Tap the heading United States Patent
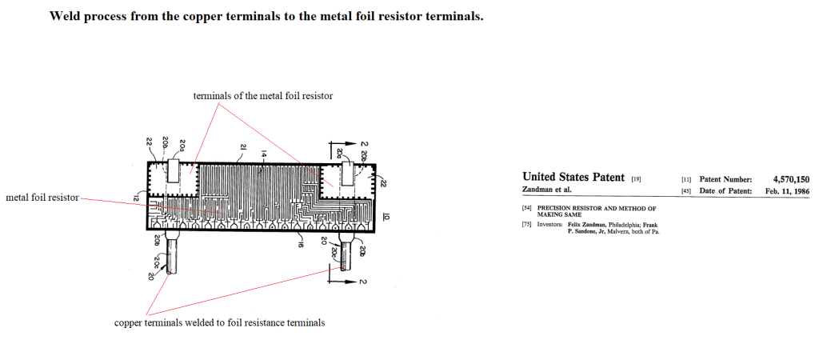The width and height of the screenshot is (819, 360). coord(573,177)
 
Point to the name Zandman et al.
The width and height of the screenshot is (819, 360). coord(545,190)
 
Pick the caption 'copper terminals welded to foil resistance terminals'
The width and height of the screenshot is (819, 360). coord(220,323)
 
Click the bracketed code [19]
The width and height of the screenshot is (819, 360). coord(637,178)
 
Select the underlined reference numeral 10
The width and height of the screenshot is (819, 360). coord(386,215)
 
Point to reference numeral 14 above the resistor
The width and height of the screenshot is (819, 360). coord(264,152)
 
